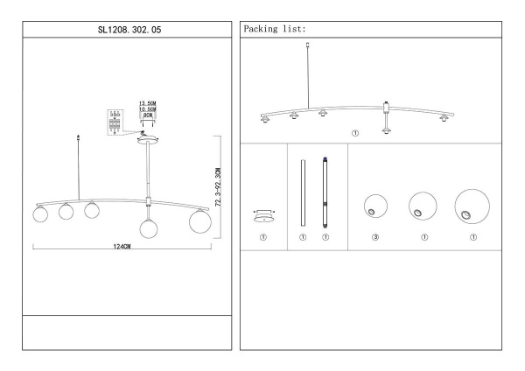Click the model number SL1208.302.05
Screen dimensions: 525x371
129,30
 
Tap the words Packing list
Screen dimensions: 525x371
275,29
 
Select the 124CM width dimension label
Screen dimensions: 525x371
122,247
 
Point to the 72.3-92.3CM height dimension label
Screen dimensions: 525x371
218,187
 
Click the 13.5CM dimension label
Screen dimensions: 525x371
148,103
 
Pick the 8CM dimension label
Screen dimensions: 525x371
148,115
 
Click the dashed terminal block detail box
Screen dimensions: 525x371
115,122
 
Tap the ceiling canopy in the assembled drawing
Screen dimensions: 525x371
147,140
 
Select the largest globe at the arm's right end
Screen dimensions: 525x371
200,221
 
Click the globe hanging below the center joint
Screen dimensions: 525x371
149,228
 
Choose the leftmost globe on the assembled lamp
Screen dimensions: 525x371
40,214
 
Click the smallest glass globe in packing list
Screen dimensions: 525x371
375,206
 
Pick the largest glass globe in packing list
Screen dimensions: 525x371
472,206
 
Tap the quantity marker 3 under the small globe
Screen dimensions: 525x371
375,237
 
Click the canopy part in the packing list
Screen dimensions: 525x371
264,216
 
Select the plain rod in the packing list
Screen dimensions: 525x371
303,192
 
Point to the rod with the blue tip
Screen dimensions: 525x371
325,192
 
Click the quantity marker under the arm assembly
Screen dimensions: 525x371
355,133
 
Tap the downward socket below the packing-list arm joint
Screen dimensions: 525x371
387,130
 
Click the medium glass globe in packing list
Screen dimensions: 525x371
423,206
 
